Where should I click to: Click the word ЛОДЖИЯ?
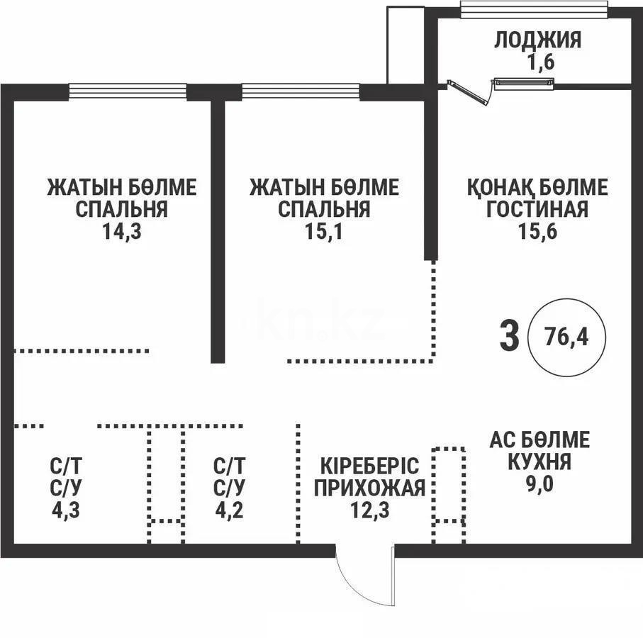click(537, 40)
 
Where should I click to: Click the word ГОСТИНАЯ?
click(537, 210)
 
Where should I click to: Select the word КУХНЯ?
click(539, 463)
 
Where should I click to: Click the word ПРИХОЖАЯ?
click(370, 488)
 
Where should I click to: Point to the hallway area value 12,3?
click(369, 510)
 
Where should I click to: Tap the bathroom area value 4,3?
click(67, 510)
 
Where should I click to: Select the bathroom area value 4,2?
click(230, 510)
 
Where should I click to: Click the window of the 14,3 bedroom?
click(128, 91)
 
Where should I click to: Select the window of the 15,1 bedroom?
click(301, 91)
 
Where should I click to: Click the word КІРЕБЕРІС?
click(370, 466)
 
